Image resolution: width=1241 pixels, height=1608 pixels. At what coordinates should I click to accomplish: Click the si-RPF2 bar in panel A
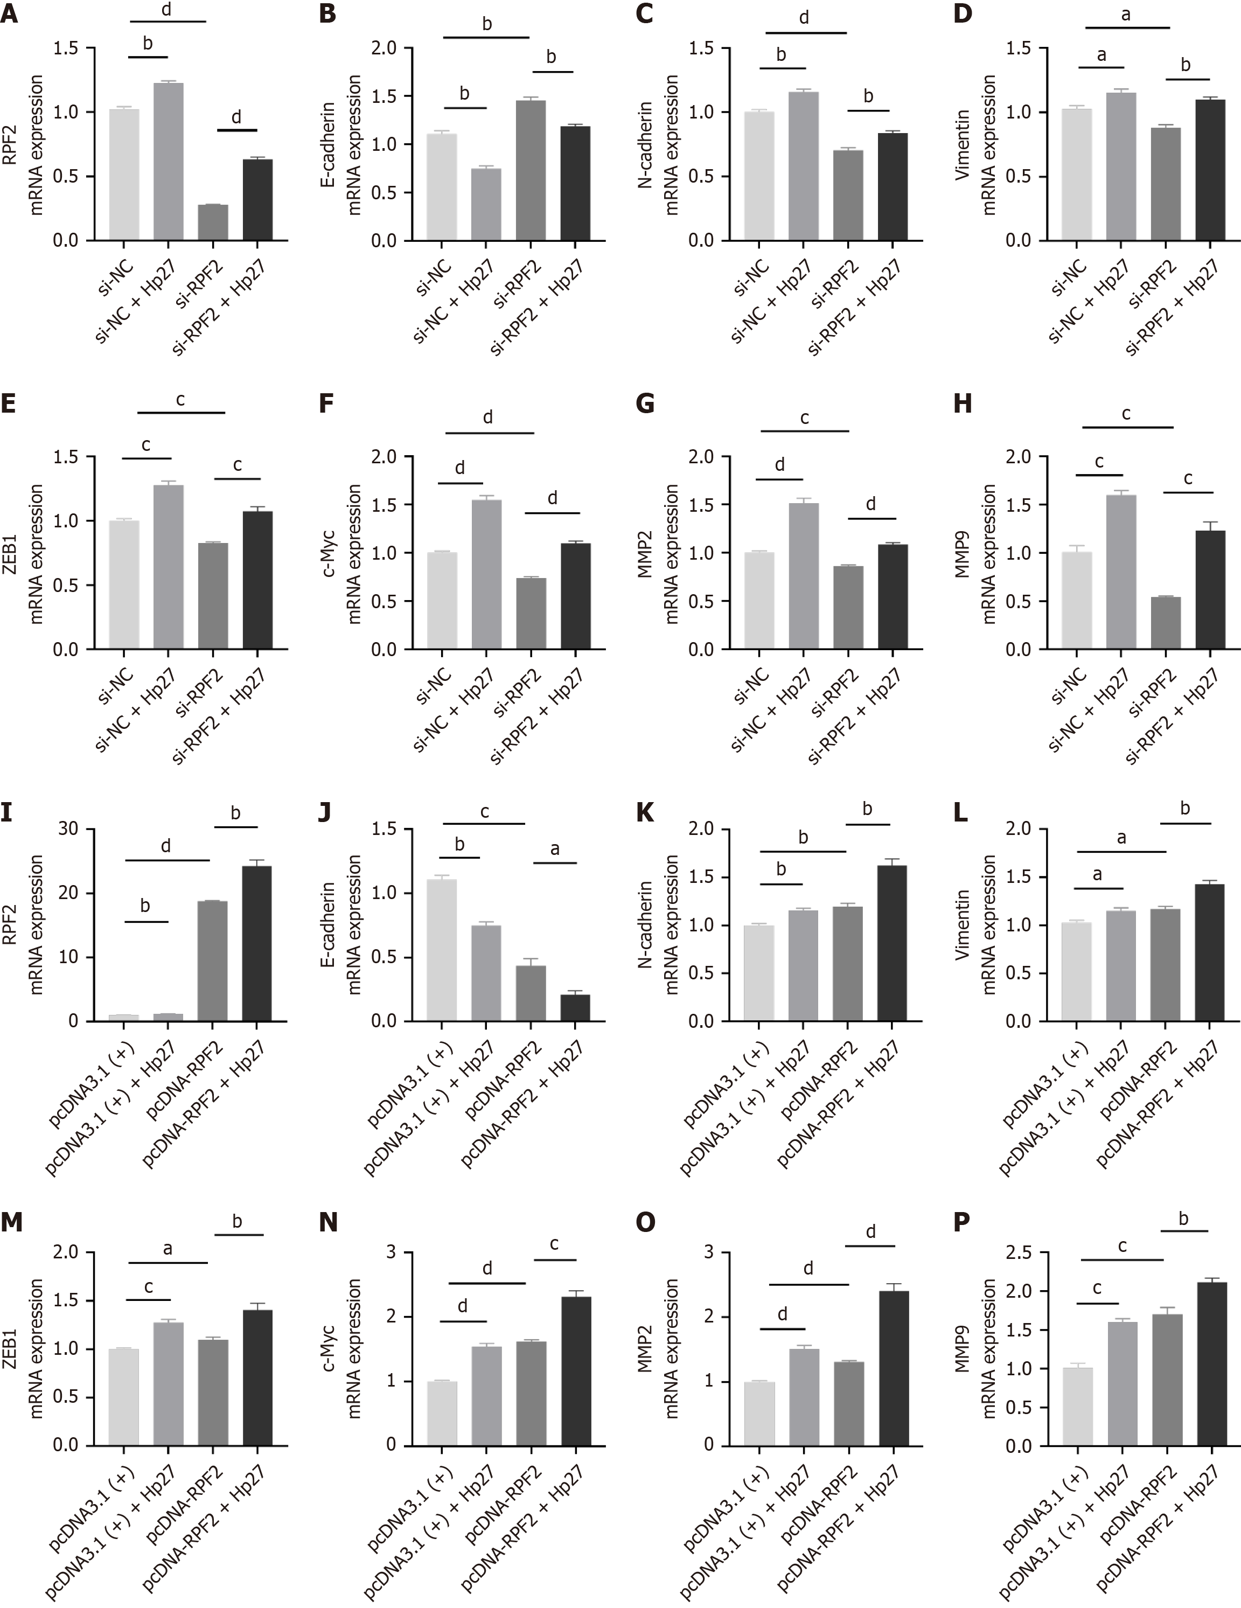(x=213, y=222)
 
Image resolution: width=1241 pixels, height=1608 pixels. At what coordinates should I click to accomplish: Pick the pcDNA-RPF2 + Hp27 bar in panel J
(x=575, y=1008)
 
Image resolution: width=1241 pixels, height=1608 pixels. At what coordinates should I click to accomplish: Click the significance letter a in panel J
(x=555, y=849)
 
